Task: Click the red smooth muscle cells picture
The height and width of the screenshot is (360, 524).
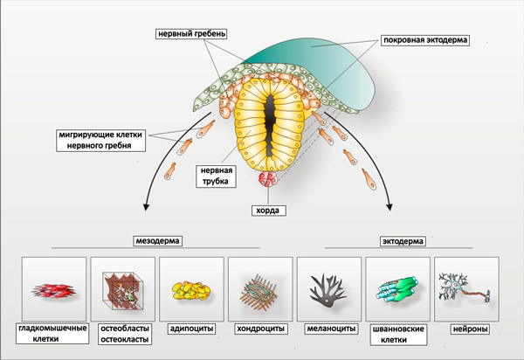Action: (53, 291)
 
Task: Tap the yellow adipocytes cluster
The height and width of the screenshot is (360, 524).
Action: (191, 290)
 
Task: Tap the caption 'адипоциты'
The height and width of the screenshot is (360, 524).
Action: (191, 330)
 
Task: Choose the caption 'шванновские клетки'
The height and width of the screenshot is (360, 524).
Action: (398, 336)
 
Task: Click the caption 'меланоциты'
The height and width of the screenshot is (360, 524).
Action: (329, 330)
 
